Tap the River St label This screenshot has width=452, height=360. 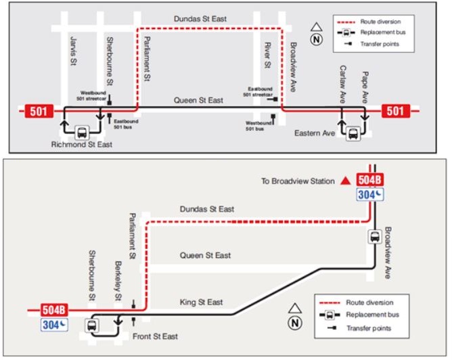[x=267, y=54]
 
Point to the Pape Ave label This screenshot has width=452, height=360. [x=365, y=86]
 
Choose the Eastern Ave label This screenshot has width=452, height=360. [x=315, y=133]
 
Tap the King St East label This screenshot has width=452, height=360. [x=202, y=302]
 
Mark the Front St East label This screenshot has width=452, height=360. [x=155, y=336]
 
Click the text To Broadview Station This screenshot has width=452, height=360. [x=298, y=181]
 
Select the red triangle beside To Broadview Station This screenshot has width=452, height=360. [x=346, y=180]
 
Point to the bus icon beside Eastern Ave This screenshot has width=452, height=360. [x=353, y=133]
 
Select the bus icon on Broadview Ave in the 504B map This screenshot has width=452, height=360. [x=374, y=237]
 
